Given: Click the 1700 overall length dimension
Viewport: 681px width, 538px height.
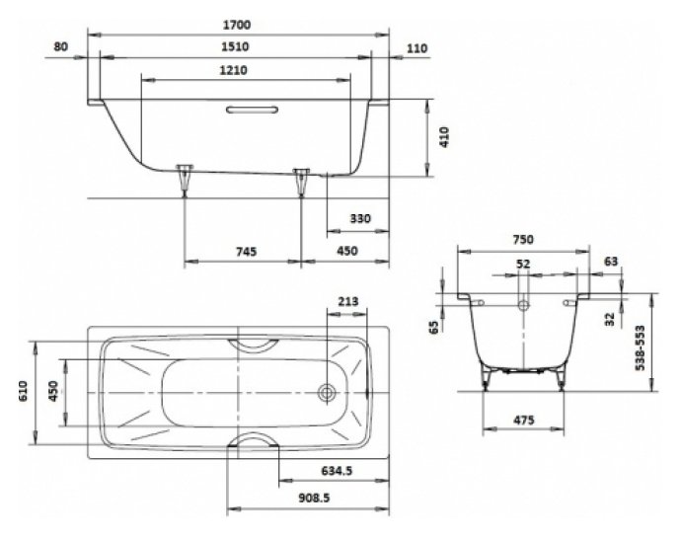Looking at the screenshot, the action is coord(237,25).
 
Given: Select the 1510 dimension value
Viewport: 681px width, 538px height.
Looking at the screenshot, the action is coord(235,46).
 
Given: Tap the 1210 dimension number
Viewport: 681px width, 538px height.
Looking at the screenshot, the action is coord(233,70).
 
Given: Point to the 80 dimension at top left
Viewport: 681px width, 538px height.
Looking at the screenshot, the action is coord(61,46).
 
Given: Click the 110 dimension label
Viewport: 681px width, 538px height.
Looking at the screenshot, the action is coord(416,48).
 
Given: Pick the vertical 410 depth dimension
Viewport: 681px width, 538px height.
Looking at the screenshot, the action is coord(445,137).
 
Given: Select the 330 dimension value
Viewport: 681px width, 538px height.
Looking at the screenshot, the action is coord(360,218).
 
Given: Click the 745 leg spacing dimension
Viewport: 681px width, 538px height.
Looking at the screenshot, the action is coord(247,251).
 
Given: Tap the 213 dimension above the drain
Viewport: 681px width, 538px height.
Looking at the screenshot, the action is coord(348,301).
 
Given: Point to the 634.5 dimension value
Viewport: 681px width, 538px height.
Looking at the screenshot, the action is coord(337,470).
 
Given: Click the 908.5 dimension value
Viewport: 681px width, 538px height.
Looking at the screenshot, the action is coord(314,498).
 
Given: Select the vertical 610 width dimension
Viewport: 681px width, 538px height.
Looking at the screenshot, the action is coord(24,391).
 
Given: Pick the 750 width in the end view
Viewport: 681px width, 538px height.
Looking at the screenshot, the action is coord(523,240).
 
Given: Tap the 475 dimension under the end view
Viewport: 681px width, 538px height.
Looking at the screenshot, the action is coord(524,421).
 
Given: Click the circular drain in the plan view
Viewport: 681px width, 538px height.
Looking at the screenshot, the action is coord(327,393).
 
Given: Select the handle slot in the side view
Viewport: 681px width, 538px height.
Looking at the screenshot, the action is coord(253,109).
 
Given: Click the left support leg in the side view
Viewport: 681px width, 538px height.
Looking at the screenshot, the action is coord(185,181).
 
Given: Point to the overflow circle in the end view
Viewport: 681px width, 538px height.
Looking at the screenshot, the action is coord(524,305).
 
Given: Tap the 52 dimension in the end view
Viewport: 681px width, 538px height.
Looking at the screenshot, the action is coord(523,264).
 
